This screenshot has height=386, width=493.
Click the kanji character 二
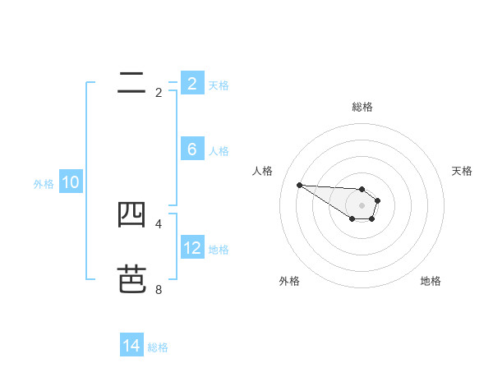(131, 83)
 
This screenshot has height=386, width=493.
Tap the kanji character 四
(131, 214)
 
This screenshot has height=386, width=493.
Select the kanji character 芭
(131, 279)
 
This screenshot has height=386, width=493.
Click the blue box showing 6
(191, 149)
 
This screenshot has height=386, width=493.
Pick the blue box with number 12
(191, 248)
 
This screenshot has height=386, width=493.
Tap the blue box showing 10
(71, 182)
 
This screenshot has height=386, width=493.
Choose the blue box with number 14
(131, 346)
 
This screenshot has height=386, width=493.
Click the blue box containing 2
(191, 83)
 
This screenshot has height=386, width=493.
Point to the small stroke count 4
(159, 223)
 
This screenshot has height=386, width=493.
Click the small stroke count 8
(159, 289)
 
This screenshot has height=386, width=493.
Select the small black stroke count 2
(159, 93)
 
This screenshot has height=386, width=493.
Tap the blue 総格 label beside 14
(158, 347)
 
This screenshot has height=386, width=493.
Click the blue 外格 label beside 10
(44, 184)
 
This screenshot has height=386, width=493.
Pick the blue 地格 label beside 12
(219, 250)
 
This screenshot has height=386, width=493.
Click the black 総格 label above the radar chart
(362, 107)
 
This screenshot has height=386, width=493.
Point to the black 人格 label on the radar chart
(263, 171)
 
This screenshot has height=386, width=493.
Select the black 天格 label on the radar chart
(463, 171)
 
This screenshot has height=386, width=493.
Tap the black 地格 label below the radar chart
(431, 281)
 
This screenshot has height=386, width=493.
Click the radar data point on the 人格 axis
(299, 185)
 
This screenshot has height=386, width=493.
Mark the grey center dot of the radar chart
(362, 205)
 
